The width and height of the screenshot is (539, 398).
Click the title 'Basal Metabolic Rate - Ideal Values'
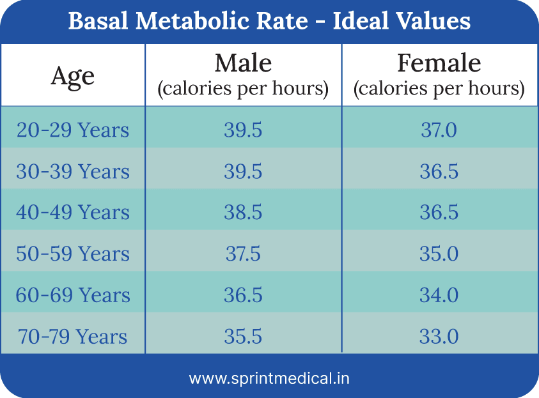(x=269, y=21)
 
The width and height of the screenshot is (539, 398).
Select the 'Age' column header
(x=73, y=76)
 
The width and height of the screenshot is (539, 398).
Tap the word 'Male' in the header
(x=243, y=63)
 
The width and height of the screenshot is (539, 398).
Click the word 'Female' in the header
(x=439, y=63)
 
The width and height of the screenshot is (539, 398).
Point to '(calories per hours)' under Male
(x=243, y=89)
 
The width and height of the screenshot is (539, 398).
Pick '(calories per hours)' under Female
(x=439, y=89)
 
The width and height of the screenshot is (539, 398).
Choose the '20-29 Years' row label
(x=73, y=130)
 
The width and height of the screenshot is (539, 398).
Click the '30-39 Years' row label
(x=73, y=171)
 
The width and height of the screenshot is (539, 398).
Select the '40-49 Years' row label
(x=73, y=213)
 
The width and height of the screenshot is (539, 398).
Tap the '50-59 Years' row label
(x=73, y=254)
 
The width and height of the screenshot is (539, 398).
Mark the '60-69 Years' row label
(x=73, y=295)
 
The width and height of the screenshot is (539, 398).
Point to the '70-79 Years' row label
(x=73, y=337)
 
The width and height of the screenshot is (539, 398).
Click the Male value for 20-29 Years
(x=243, y=130)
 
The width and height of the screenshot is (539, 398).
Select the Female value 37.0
(x=439, y=130)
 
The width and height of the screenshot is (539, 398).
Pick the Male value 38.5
(x=243, y=213)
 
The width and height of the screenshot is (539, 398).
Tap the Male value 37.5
(x=243, y=254)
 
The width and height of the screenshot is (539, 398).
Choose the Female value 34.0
(x=439, y=295)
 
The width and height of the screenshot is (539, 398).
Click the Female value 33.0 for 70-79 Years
(x=439, y=337)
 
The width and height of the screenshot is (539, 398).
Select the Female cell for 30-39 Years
(x=439, y=171)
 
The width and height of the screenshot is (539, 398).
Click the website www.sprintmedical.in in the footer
(x=269, y=378)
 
